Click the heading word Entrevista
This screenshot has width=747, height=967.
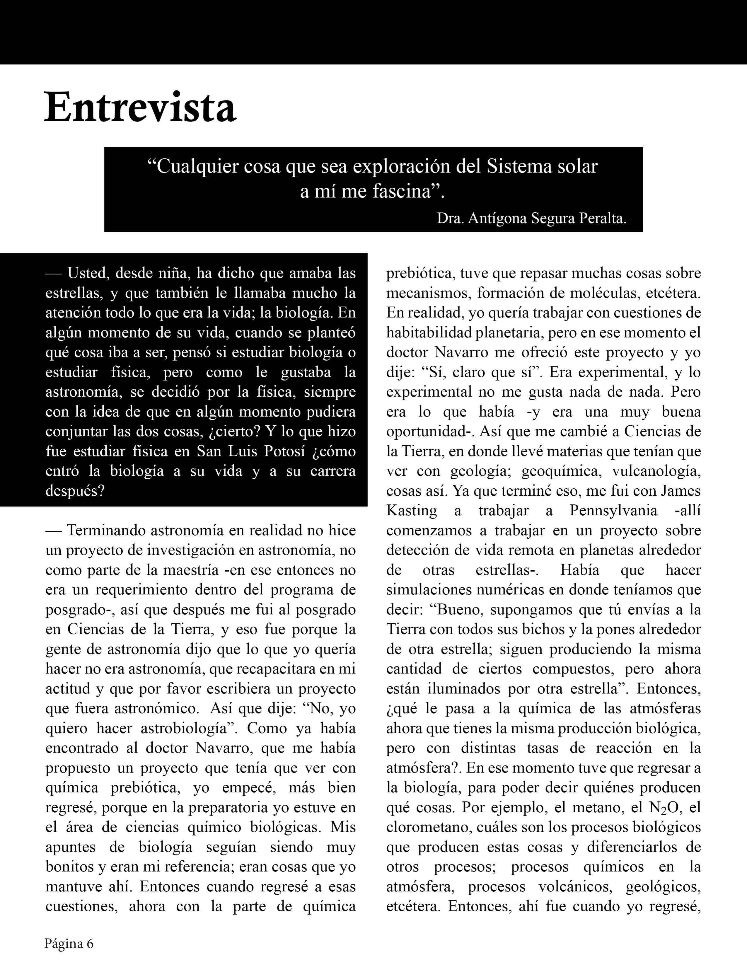[x=140, y=108]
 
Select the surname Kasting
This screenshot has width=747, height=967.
[x=411, y=511]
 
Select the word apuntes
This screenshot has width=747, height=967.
[x=73, y=847]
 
